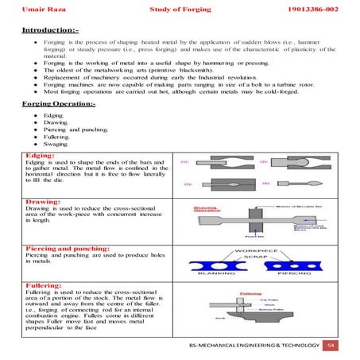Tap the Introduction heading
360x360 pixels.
tap(46, 29)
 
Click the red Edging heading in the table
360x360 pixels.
tap(40, 155)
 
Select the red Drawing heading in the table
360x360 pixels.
tap(43, 202)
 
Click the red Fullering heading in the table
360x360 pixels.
tap(45, 288)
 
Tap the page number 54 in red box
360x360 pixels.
tap(332, 346)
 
